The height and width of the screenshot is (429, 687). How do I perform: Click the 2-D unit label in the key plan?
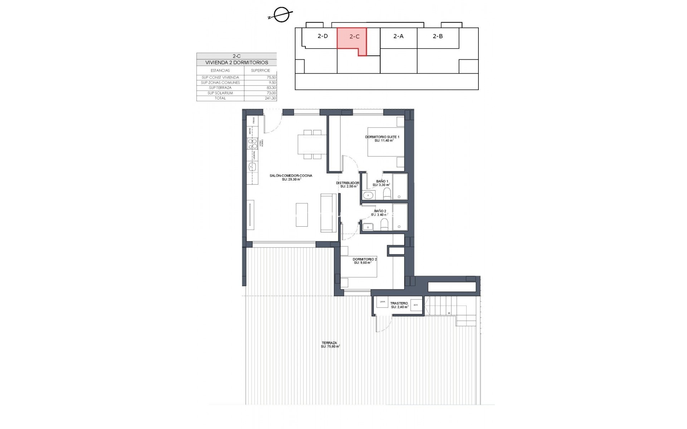tap(322, 36)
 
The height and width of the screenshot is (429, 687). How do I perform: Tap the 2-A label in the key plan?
tap(398, 36)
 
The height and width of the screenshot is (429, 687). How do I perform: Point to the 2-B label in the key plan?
tap(438, 36)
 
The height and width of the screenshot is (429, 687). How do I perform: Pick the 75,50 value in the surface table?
tap(271, 78)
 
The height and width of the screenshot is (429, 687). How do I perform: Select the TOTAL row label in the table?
tap(220, 98)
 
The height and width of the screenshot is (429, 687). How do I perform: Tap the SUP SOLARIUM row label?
tap(220, 93)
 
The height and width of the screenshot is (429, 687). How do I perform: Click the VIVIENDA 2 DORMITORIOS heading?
tap(237, 63)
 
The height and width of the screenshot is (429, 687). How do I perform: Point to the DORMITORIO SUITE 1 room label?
tap(382, 137)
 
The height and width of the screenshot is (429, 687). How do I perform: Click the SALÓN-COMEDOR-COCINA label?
tap(291, 176)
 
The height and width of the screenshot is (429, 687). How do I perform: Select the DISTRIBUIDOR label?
tap(347, 183)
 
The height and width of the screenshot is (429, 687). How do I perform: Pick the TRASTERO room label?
tap(399, 304)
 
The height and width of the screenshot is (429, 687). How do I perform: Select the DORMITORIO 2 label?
tap(365, 260)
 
